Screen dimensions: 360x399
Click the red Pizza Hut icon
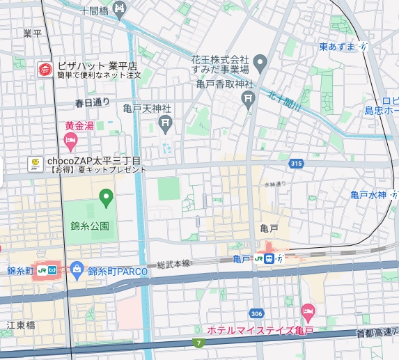click(x=44, y=69)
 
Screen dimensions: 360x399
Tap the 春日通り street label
click(x=93, y=102)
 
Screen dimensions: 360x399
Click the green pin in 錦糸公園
click(x=106, y=198)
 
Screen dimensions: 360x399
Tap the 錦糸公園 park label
click(x=90, y=226)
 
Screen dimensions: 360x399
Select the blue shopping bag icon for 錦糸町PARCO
click(x=77, y=269)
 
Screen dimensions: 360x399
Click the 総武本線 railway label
click(x=174, y=264)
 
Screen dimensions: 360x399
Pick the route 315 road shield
click(x=297, y=164)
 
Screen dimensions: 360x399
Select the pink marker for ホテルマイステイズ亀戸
click(x=308, y=312)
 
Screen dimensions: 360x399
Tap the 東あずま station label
click(x=337, y=46)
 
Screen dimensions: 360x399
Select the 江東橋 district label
click(x=20, y=324)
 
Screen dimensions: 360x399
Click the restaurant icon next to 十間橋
click(x=119, y=10)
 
